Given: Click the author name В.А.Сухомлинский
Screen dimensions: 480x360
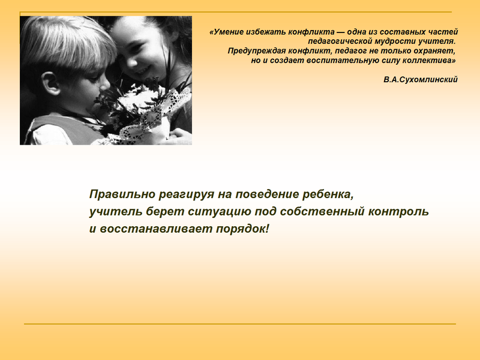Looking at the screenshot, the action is coord(421,80).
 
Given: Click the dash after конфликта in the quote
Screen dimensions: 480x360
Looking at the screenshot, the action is coord(341,32).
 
